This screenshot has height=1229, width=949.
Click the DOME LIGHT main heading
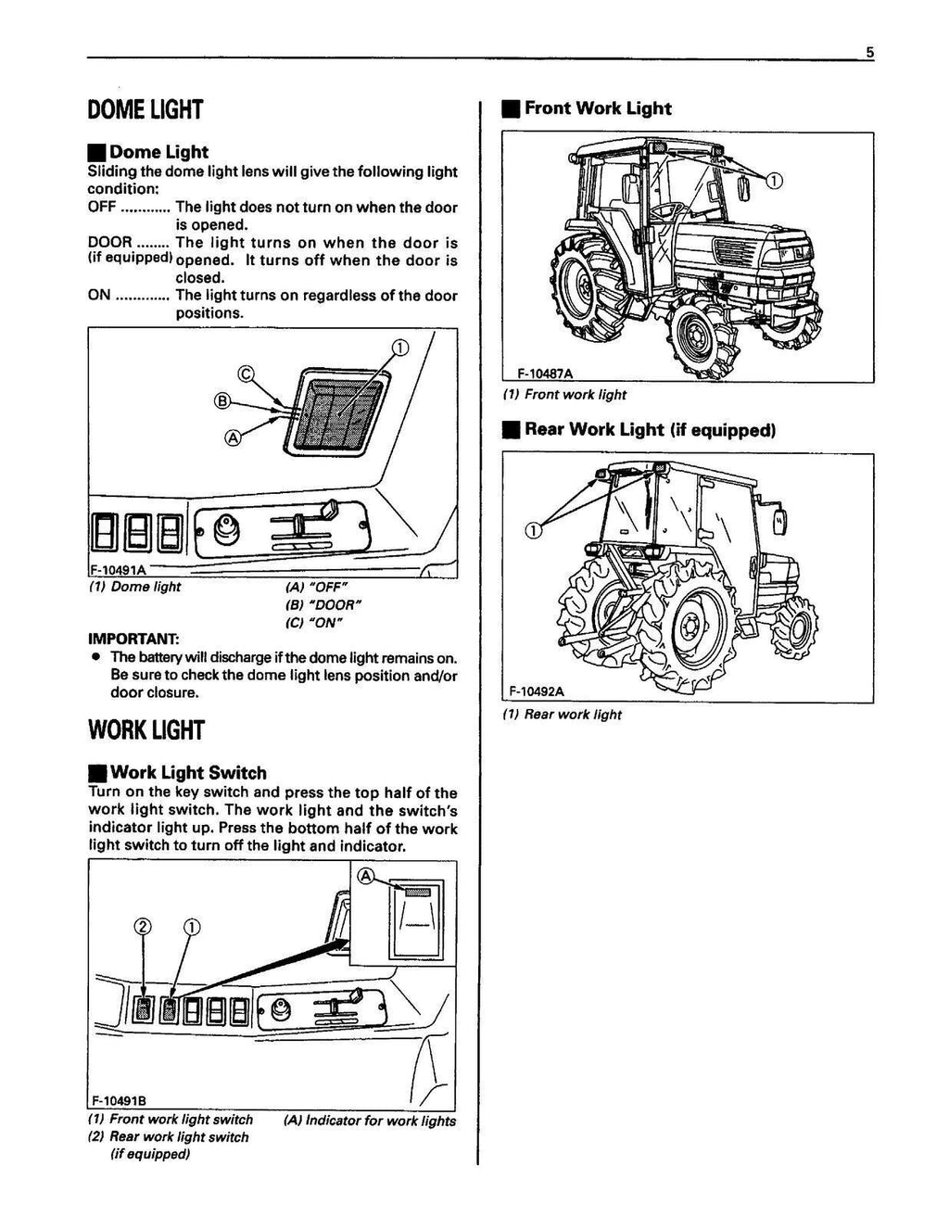click(144, 110)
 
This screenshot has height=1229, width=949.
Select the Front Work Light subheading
click(597, 108)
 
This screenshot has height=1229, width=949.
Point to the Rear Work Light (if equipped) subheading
click(649, 429)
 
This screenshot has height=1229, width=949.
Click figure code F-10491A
click(116, 570)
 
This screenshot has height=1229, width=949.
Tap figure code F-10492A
click(537, 691)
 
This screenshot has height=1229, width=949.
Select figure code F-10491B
click(118, 1101)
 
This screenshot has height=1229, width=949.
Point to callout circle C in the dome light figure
click(246, 374)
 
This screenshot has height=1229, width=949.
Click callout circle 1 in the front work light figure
click(775, 179)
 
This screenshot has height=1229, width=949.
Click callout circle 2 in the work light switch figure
click(142, 927)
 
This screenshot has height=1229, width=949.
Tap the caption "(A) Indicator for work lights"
click(370, 1121)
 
